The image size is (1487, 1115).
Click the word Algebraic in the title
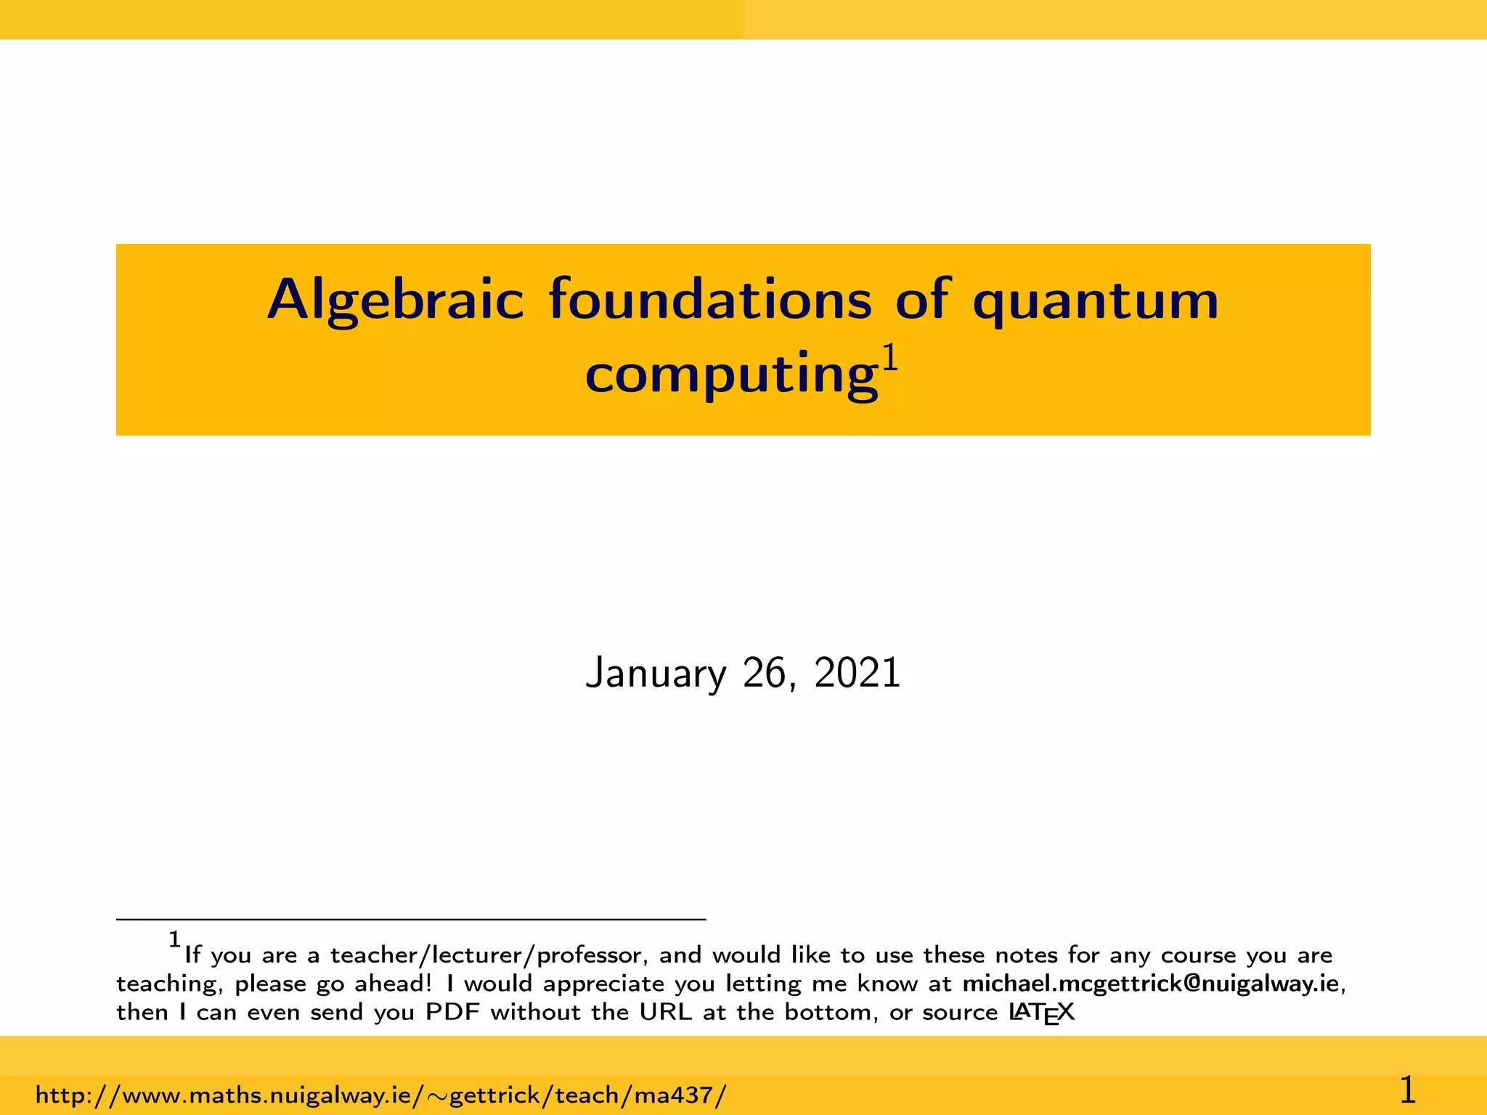click(x=395, y=301)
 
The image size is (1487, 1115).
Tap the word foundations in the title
click(x=709, y=299)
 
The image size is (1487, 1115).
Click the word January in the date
click(x=655, y=674)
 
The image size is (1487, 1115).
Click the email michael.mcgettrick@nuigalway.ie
click(x=1150, y=984)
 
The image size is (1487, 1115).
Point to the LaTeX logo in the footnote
click(x=1041, y=1013)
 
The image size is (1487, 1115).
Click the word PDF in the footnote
click(x=452, y=1012)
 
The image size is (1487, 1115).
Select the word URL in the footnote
click(x=665, y=1012)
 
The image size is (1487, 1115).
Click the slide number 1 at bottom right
click(x=1407, y=1090)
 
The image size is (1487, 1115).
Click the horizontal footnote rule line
click(x=411, y=920)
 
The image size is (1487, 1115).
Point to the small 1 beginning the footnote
click(x=174, y=940)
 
